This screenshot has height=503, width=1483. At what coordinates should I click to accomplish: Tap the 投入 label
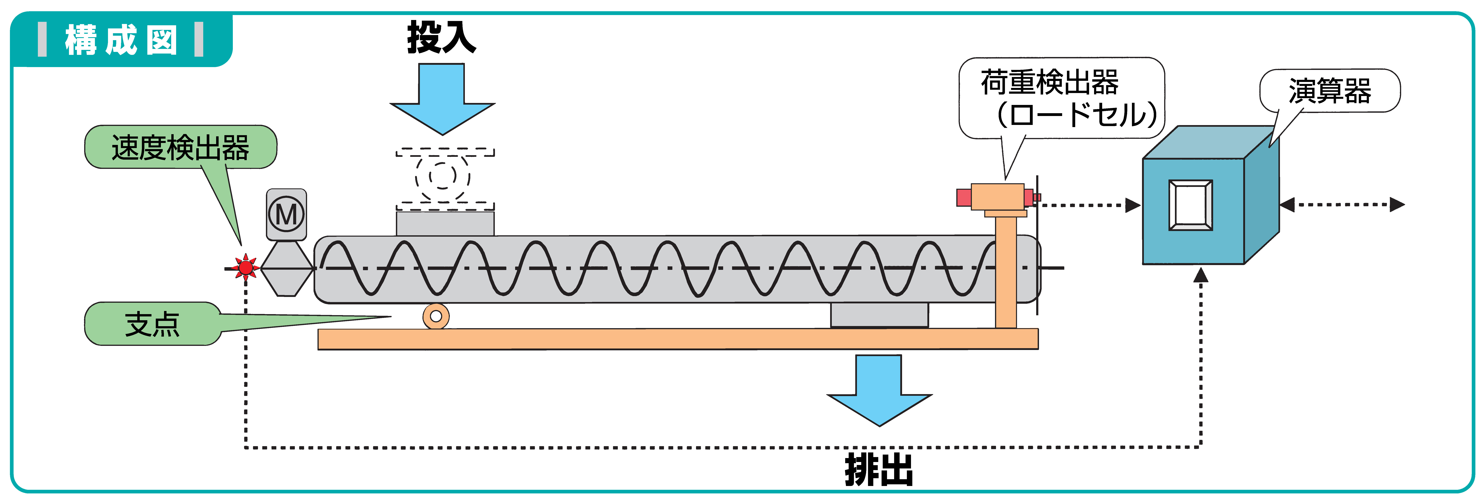(442, 37)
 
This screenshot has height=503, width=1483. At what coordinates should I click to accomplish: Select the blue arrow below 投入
(442, 99)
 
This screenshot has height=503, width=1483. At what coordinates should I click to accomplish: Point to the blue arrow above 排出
(879, 390)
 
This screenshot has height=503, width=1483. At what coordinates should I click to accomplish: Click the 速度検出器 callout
(180, 147)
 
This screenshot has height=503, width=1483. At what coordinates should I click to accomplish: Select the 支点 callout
(153, 323)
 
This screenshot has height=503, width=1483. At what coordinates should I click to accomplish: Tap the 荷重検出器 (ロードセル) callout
(1061, 98)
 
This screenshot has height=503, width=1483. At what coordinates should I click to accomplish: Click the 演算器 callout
(1330, 90)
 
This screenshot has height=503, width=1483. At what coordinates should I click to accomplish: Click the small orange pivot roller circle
(436, 316)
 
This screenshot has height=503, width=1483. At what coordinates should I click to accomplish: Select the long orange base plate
(678, 339)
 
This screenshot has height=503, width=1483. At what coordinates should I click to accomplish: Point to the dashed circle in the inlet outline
(442, 175)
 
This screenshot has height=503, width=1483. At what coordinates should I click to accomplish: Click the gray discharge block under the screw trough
(879, 315)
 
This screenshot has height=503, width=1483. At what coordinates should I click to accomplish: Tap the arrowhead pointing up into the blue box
(1200, 274)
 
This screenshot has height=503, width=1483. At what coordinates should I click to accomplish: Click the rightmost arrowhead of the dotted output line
(1397, 204)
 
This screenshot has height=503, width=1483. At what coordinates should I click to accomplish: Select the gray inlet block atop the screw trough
(445, 223)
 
